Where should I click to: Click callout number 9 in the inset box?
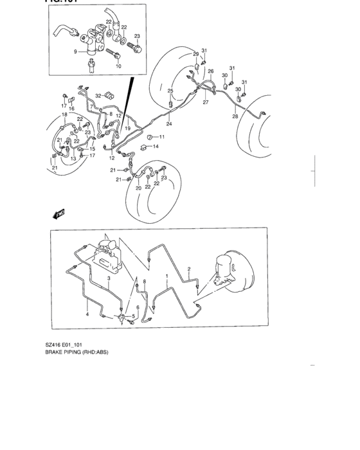pos(75,51)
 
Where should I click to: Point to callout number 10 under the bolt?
pos(118,66)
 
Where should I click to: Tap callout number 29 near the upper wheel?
pos(197,55)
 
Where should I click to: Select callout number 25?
pos(171,91)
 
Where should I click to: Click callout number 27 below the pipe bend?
pos(206,102)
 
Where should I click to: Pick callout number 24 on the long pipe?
pos(169,123)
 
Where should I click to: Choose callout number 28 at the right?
pos(235,117)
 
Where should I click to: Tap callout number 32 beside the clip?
pos(98,96)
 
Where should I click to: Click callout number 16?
pos(71,109)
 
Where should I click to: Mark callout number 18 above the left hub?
pos(64,115)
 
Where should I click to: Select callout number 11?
pos(162,137)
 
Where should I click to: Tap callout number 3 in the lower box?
pos(109,279)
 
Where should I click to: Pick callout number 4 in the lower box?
pos(87,314)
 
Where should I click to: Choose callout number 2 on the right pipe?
pos(189,269)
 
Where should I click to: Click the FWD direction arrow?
pos(60,214)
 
